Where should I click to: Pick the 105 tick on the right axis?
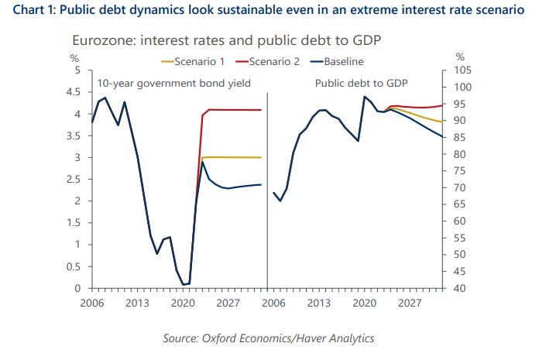[x=462, y=70]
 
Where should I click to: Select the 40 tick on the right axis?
[x=460, y=289]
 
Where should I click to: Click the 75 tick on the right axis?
[x=460, y=171]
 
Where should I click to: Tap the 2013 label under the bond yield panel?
[x=138, y=303]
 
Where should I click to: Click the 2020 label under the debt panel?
[x=364, y=303]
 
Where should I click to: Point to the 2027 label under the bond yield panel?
[x=228, y=303]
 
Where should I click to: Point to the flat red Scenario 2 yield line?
[x=232, y=110]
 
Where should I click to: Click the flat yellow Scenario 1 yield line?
[x=232, y=157]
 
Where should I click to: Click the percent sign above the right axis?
[x=460, y=57]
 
